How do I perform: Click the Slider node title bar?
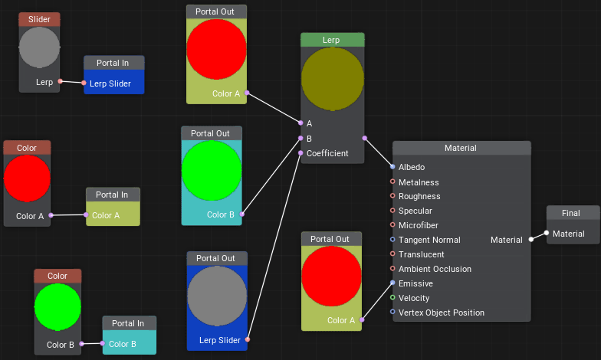(x=39, y=19)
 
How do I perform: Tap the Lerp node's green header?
(x=332, y=40)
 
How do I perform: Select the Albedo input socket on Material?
(x=392, y=166)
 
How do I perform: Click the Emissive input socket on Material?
(x=392, y=283)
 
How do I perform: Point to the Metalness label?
(x=419, y=182)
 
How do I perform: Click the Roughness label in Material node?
(x=419, y=196)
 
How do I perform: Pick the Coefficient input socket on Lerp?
(x=300, y=153)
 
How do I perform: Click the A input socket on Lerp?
(x=300, y=123)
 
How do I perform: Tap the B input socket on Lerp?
(x=300, y=139)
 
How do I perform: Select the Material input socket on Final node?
(x=547, y=233)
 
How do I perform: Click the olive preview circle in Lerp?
(x=332, y=79)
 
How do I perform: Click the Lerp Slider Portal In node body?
(x=113, y=83)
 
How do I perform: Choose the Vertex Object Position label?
(x=442, y=313)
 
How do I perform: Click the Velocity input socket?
(x=392, y=298)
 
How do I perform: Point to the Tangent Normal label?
(x=429, y=240)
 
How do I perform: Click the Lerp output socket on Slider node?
(x=61, y=81)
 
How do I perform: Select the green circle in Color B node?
(x=57, y=306)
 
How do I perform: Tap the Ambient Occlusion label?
(x=435, y=269)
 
